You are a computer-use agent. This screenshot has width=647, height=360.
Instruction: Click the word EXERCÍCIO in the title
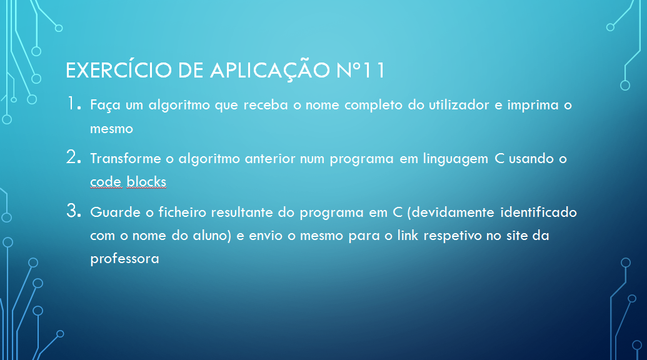(x=118, y=70)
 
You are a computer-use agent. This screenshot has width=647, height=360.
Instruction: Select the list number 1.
(x=74, y=104)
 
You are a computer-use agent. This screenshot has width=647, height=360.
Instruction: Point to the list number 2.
(x=73, y=157)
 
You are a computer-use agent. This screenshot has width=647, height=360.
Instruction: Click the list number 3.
(x=73, y=211)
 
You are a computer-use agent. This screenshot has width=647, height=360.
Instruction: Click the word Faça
(x=105, y=106)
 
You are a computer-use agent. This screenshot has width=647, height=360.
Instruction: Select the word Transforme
(x=126, y=158)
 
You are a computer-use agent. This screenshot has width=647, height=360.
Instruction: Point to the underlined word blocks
(x=146, y=181)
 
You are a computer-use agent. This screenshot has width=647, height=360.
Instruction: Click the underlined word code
(x=106, y=181)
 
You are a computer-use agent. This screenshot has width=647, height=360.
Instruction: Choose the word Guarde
(x=116, y=212)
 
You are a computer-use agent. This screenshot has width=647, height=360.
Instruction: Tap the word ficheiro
(x=183, y=212)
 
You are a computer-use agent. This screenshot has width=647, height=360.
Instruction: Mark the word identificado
(x=538, y=212)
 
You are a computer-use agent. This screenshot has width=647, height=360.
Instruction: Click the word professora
(x=124, y=259)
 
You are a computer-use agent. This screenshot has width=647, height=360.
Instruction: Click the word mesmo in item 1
(x=111, y=129)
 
